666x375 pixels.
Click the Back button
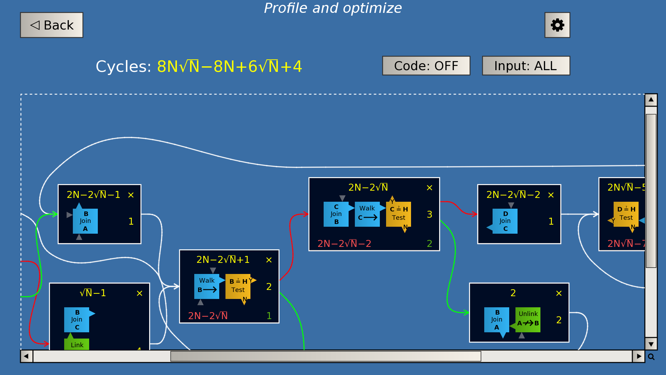[x=52, y=25]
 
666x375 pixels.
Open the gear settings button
[x=557, y=25]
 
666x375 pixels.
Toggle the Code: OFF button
[x=426, y=66]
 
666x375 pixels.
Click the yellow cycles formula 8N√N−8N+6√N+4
[x=229, y=66]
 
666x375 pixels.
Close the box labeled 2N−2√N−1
[x=131, y=195]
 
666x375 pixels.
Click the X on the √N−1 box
[x=139, y=293]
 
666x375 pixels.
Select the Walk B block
[x=207, y=286]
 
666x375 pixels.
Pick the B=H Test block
[x=238, y=286]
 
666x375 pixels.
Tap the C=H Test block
[x=398, y=214]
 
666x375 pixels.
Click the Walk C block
[x=367, y=214]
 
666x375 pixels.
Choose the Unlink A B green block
[x=528, y=319]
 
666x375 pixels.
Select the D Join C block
[x=505, y=221]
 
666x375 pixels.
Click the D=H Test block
[x=626, y=214]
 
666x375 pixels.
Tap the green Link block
[x=77, y=344]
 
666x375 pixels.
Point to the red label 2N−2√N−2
[x=344, y=244]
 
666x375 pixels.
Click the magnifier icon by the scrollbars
[x=651, y=357]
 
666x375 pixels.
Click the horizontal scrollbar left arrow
[x=26, y=356]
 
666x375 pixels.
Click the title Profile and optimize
[x=333, y=8]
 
